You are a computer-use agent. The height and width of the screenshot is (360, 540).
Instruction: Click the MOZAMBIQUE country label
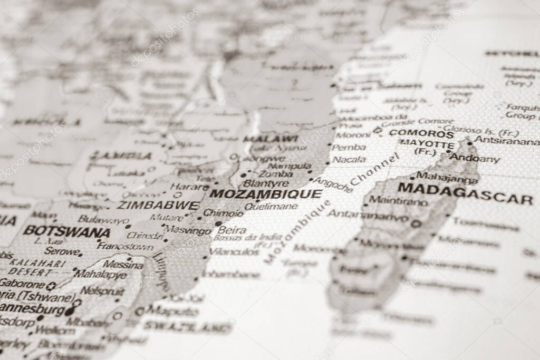(x=265, y=194)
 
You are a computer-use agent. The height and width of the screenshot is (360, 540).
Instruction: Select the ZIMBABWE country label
(x=158, y=206)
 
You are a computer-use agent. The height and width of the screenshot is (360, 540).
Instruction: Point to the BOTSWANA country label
(x=66, y=231)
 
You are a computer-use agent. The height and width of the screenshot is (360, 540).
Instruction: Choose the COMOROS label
(x=421, y=133)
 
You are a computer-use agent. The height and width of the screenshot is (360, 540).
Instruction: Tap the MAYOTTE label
(x=427, y=144)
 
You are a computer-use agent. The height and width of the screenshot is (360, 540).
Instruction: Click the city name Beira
(x=232, y=230)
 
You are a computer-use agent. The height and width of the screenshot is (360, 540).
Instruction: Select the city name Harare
(x=189, y=187)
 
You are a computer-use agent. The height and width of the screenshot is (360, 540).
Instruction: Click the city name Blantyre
(x=266, y=183)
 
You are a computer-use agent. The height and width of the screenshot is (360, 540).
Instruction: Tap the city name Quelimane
(x=271, y=207)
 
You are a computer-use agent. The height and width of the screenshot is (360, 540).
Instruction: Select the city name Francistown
(x=125, y=246)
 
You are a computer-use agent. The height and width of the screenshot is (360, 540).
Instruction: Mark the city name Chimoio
(x=223, y=213)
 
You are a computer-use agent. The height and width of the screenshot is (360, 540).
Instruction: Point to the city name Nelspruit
(x=102, y=291)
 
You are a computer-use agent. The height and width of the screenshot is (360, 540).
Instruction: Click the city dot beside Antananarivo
(x=416, y=223)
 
